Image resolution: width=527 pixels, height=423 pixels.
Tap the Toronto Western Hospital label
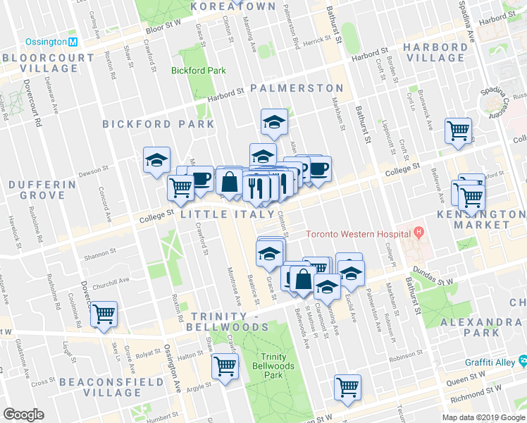click(357, 233)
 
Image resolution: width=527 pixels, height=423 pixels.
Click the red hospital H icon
click(419, 232)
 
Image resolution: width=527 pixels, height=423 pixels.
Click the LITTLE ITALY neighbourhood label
click(228, 214)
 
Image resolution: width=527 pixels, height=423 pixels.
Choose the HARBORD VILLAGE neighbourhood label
click(435, 54)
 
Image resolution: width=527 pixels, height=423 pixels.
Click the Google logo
click(23, 415)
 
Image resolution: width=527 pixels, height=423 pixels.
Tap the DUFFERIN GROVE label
click(42, 192)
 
